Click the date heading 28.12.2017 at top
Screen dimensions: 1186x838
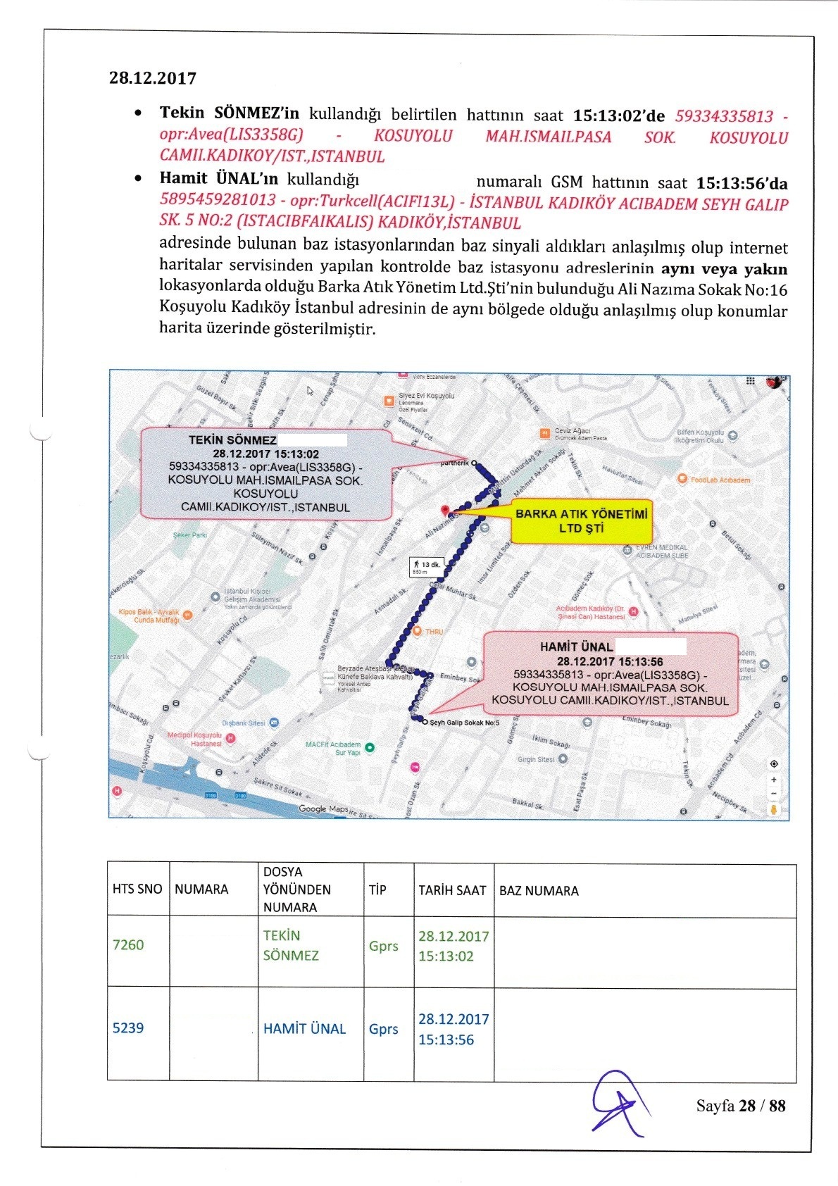tap(152, 78)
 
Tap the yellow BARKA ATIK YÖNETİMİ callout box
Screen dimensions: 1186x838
tap(581, 521)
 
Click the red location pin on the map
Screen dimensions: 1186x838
tap(444, 510)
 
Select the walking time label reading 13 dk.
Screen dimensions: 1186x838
tap(427, 566)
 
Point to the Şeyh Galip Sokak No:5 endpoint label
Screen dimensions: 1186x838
tap(464, 723)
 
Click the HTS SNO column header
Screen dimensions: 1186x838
tap(137, 889)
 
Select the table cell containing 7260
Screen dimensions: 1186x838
tap(128, 945)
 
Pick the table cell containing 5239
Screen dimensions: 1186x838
tap(128, 1028)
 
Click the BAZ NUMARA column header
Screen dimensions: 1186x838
tap(539, 891)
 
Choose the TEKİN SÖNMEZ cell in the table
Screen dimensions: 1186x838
tap(290, 946)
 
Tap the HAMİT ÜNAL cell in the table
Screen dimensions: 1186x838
tap(304, 1029)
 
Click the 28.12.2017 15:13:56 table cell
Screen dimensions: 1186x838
tap(453, 1029)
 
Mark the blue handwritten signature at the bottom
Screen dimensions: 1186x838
tap(617, 1103)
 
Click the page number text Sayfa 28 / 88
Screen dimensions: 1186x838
tap(740, 1106)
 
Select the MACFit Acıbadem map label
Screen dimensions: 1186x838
tap(334, 748)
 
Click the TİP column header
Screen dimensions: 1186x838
tap(377, 890)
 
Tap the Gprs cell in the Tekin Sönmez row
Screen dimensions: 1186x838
tap(383, 946)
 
